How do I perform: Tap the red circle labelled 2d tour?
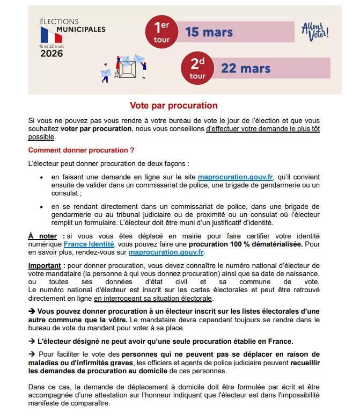[x=197, y=68]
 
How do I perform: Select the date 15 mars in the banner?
[x=209, y=32]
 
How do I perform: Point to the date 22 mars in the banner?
[x=246, y=69]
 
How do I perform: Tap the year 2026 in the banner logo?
[x=52, y=53]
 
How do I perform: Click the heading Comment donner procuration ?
[x=81, y=149]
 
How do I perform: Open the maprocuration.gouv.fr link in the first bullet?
[x=236, y=177]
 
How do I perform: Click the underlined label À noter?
[x=42, y=236]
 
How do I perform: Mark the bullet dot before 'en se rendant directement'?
[x=42, y=207]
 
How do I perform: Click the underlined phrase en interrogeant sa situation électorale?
[x=153, y=298]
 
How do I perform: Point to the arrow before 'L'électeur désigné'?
[x=32, y=341]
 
